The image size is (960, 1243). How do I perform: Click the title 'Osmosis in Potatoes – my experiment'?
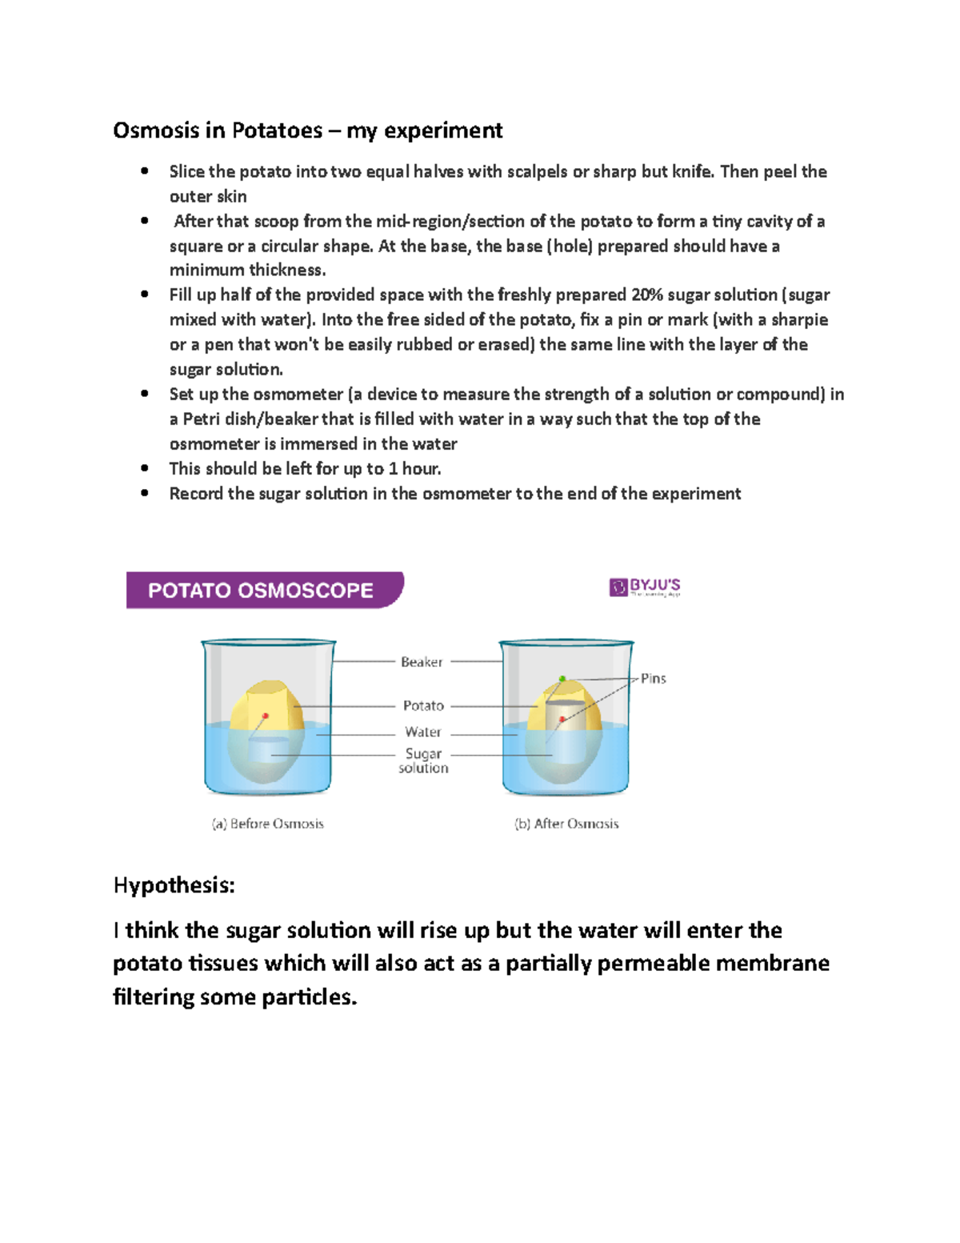click(x=307, y=130)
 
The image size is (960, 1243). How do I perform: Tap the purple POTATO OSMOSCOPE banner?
click(x=263, y=591)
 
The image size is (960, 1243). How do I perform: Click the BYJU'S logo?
click(x=645, y=587)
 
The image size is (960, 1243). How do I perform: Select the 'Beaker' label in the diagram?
click(x=421, y=662)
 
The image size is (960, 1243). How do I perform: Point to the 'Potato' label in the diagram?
click(x=423, y=706)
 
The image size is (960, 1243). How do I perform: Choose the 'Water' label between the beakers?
click(x=422, y=732)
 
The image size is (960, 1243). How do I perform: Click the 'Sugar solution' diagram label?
click(x=423, y=760)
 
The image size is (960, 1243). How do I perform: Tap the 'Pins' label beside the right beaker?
click(x=653, y=679)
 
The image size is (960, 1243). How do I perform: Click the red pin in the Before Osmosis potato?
click(x=266, y=716)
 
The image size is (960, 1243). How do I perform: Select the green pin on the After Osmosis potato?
click(x=562, y=679)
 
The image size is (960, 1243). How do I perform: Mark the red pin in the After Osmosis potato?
click(x=562, y=720)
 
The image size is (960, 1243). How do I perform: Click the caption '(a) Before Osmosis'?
click(x=267, y=824)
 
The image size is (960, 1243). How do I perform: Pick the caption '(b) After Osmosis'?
click(x=566, y=824)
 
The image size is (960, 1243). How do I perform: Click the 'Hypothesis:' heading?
click(x=174, y=885)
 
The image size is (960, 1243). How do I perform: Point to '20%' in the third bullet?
click(x=647, y=295)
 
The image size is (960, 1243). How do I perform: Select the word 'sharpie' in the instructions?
click(x=799, y=320)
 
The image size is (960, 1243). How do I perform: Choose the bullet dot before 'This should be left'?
click(x=145, y=468)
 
